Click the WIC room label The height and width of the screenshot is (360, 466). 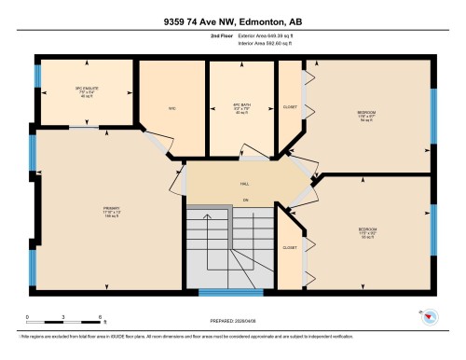pos(171,108)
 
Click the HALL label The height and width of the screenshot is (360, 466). pos(245,185)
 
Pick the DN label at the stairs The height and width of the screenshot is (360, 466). pos(245,201)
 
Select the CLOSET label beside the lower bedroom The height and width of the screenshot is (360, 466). pos(290,248)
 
